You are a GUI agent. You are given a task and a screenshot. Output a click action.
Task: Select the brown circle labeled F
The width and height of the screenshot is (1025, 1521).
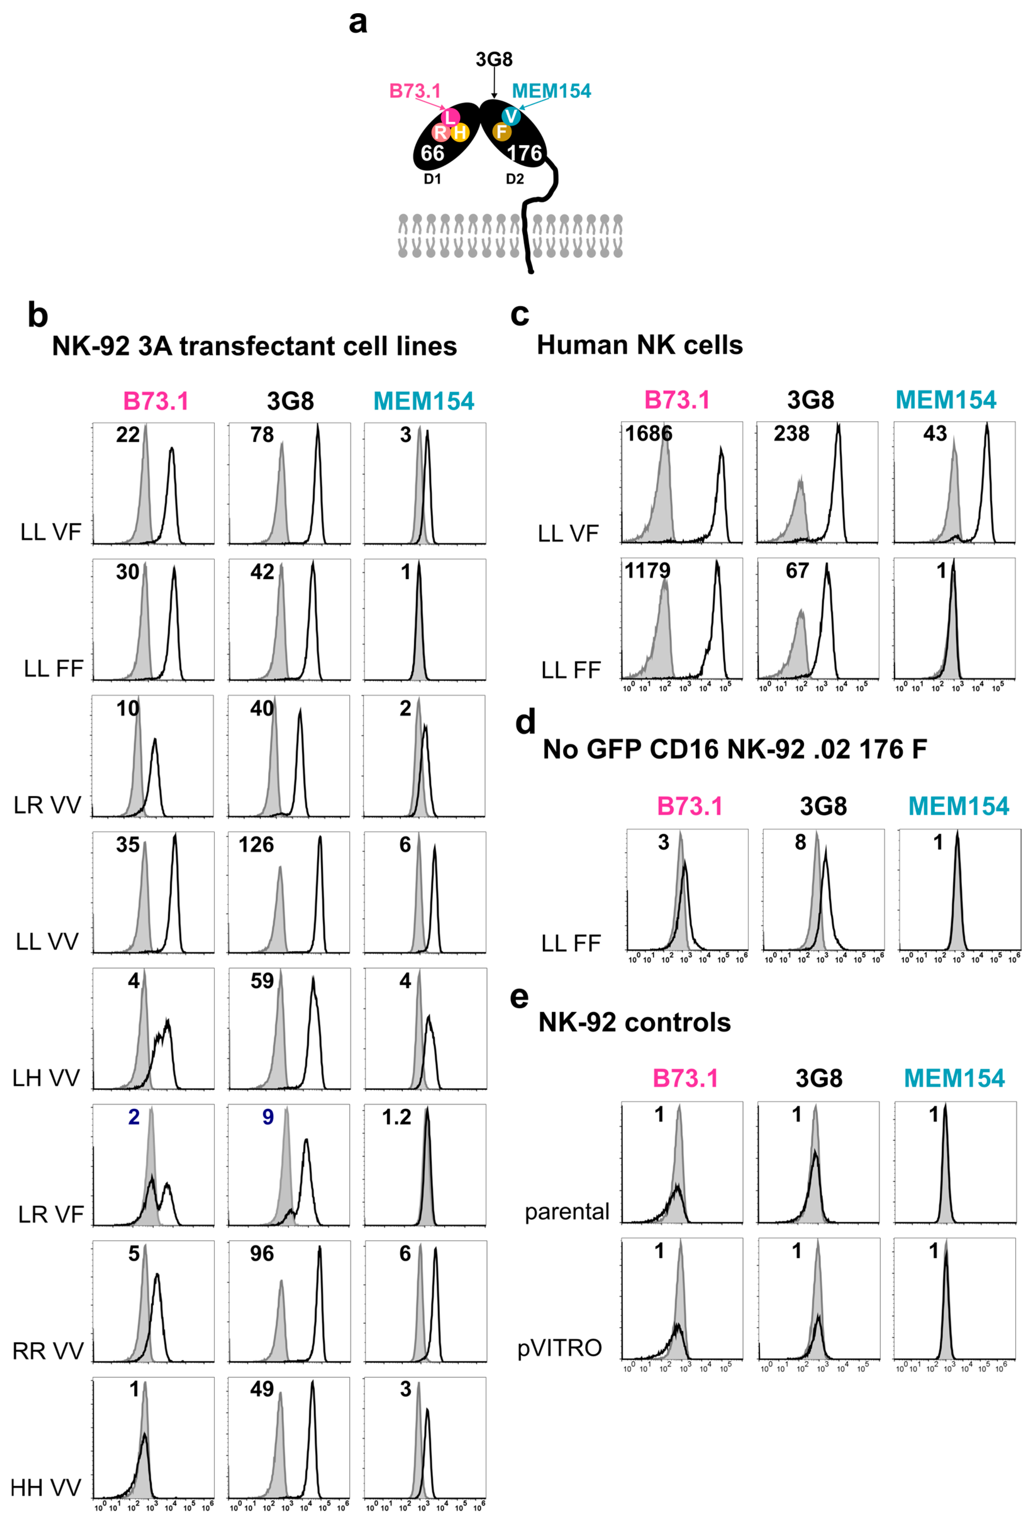501,132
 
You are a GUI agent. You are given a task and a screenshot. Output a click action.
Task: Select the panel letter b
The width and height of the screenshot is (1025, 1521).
38,315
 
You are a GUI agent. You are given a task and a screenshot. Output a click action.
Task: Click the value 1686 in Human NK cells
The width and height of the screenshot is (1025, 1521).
648,433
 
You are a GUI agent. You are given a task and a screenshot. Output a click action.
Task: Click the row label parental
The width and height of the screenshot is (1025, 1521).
567,1211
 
